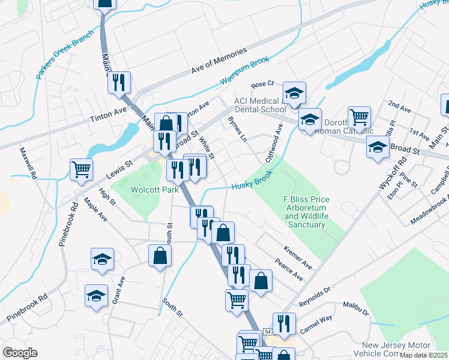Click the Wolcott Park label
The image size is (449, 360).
click(x=155, y=190)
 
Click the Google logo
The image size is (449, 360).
click(x=19, y=352)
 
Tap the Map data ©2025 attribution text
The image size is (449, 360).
click(x=423, y=355)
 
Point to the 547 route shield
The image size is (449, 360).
click(x=268, y=331)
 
